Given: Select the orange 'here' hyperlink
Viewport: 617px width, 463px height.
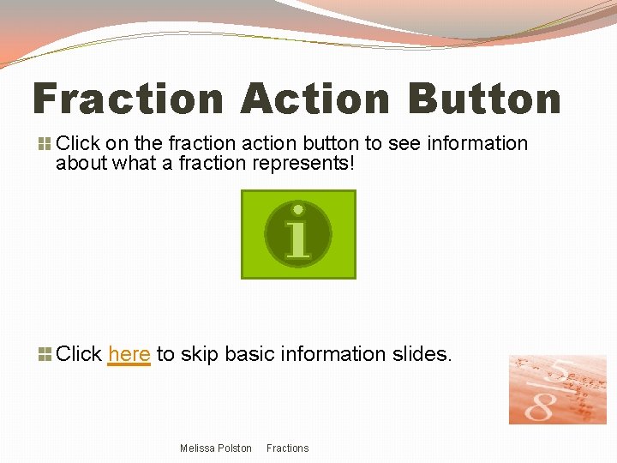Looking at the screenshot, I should [129, 353].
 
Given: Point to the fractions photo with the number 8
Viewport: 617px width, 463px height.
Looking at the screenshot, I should [557, 389].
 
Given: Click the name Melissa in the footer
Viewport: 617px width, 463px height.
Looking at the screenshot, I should [197, 448].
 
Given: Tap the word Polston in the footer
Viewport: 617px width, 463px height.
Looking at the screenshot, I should [235, 448].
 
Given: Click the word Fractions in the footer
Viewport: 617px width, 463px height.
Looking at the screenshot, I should [287, 448].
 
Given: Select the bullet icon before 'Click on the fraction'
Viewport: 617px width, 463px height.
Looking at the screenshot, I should [44, 144].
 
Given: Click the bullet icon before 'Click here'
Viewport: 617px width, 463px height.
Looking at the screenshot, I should [44, 353].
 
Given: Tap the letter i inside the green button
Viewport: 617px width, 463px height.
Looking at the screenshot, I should [297, 234].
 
